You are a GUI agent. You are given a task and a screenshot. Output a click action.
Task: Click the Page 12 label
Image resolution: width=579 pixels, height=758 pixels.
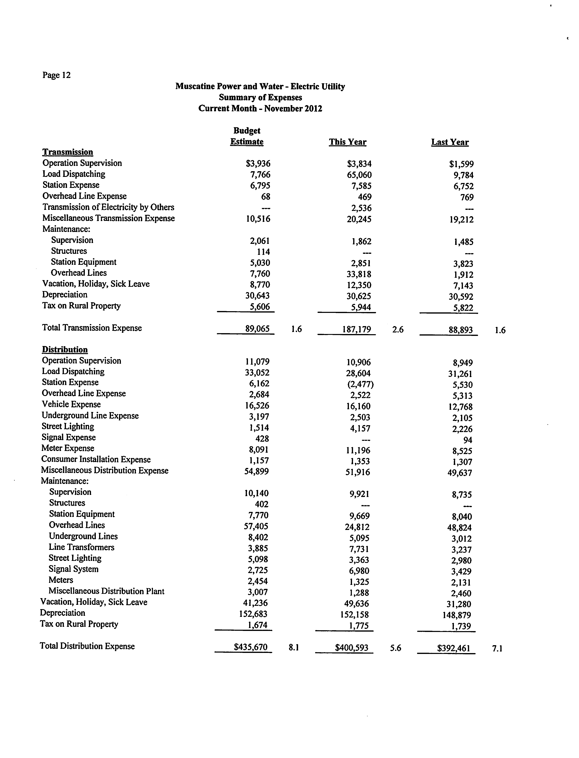tap(56, 75)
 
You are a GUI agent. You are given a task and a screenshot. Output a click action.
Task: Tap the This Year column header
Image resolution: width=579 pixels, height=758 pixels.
tap(347, 142)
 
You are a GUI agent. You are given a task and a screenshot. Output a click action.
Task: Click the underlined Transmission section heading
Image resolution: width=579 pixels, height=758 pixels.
tap(67, 152)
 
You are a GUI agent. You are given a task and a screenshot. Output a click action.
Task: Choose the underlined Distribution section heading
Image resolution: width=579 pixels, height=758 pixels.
tap(65, 349)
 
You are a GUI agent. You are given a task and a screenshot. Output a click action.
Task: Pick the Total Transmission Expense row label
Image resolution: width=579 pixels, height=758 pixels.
tap(92, 328)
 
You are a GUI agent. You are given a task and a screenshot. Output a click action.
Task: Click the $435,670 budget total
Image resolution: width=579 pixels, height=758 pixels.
tap(251, 647)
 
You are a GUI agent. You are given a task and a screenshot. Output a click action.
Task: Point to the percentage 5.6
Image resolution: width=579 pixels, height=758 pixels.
tap(396, 648)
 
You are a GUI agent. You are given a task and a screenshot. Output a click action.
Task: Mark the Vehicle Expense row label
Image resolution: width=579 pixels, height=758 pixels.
tap(71, 404)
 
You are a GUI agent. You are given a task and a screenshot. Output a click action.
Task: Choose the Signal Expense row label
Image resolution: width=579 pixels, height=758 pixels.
tap(69, 437)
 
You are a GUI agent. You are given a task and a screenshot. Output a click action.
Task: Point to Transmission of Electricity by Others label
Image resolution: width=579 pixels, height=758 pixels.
tap(108, 207)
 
